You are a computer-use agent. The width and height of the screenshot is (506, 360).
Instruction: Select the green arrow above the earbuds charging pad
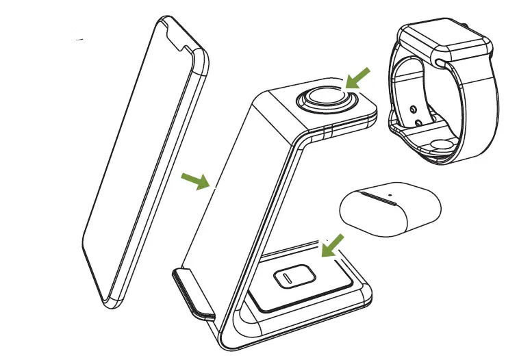pos(332,246)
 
